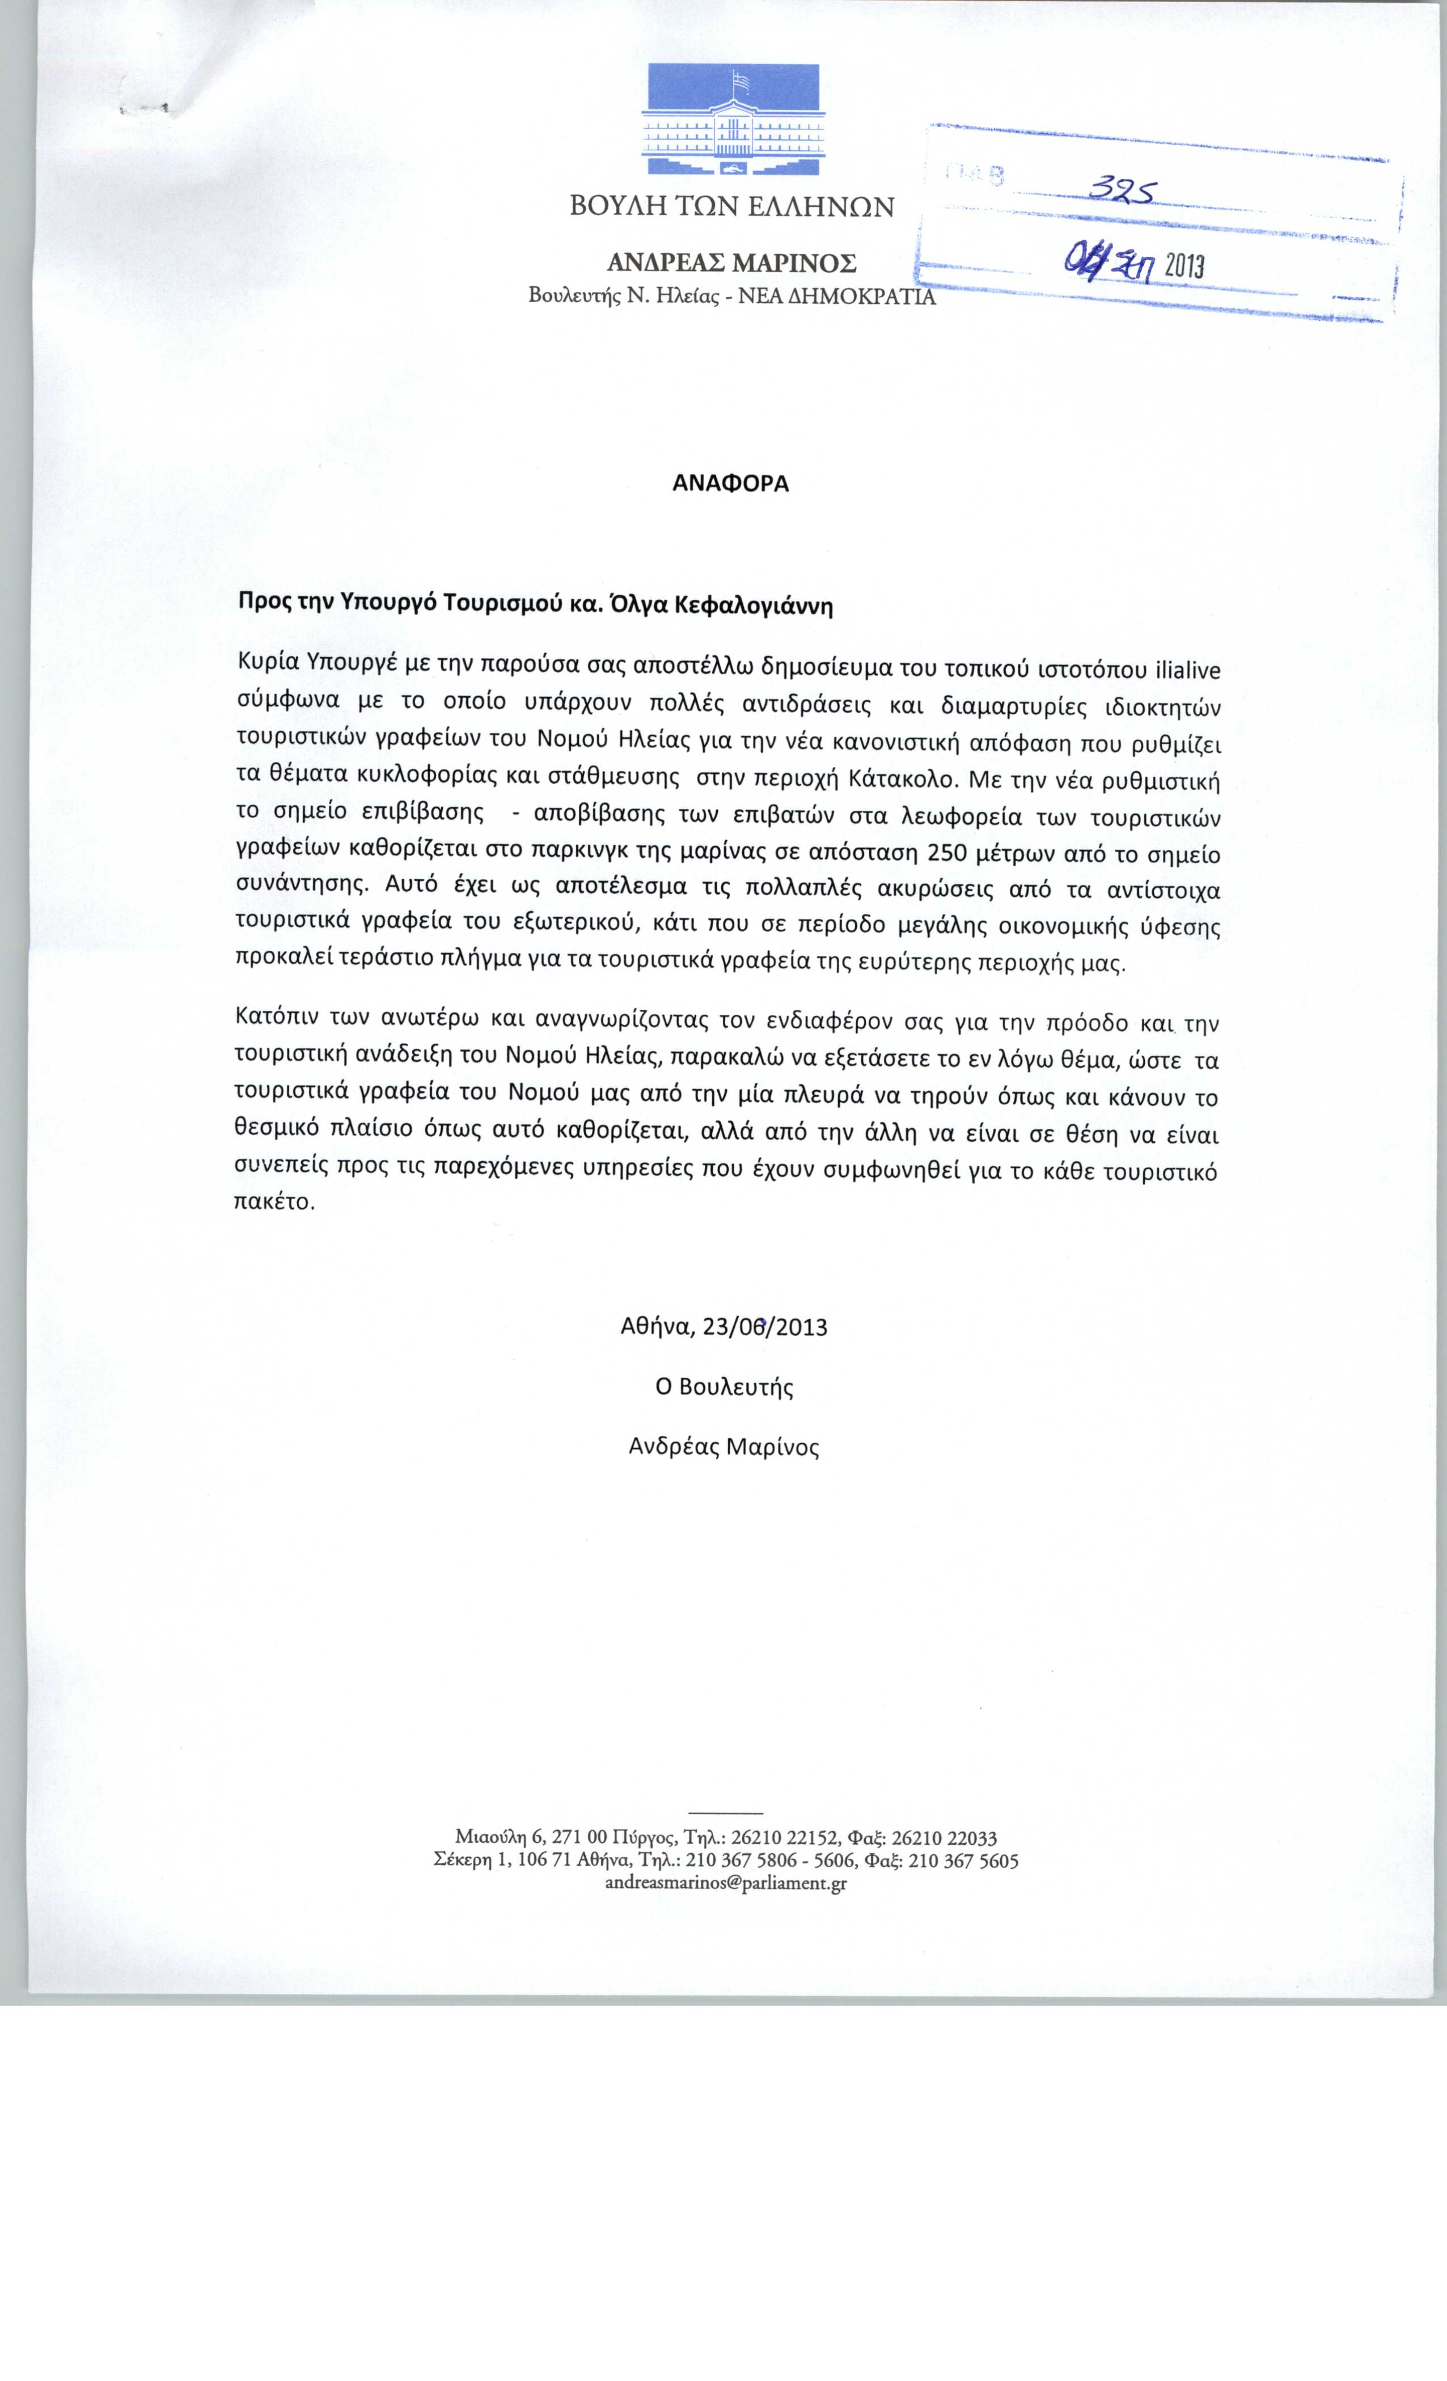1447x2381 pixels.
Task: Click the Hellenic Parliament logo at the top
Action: [x=731, y=120]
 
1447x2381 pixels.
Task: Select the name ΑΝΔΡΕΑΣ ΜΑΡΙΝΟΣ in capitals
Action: [x=731, y=263]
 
